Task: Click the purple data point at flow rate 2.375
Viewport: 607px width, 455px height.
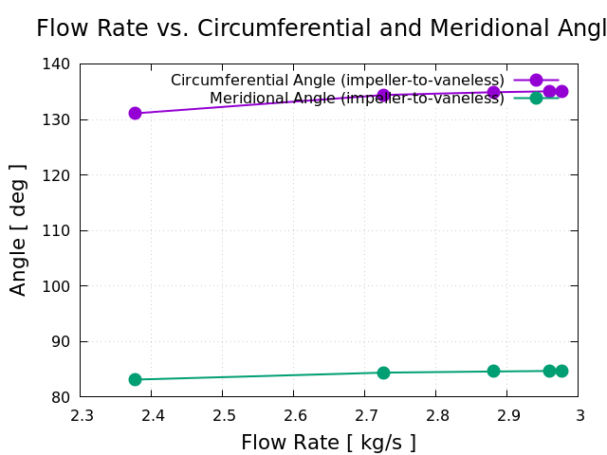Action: click(x=135, y=113)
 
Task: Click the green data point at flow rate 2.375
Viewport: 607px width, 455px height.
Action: click(x=135, y=379)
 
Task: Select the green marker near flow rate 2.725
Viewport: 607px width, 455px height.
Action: click(x=383, y=373)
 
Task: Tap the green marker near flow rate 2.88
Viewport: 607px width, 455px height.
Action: click(x=493, y=371)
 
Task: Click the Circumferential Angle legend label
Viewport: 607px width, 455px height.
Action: click(x=337, y=81)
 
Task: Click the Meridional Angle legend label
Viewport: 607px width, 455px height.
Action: click(x=357, y=99)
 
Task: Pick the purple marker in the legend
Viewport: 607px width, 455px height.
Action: click(x=536, y=81)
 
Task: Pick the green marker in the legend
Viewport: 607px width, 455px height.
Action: click(x=536, y=98)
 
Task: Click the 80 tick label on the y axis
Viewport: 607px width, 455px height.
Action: click(x=62, y=397)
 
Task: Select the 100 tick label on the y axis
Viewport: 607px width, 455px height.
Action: click(x=58, y=286)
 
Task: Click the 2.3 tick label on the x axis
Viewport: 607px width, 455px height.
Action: click(x=81, y=415)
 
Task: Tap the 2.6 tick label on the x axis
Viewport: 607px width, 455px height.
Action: click(x=294, y=415)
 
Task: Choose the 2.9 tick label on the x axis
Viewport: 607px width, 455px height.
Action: click(x=507, y=415)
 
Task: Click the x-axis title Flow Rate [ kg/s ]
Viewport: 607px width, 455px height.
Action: click(x=328, y=443)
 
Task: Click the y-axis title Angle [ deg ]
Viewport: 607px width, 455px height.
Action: click(x=18, y=229)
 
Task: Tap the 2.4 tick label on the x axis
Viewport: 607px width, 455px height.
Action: click(x=152, y=415)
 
